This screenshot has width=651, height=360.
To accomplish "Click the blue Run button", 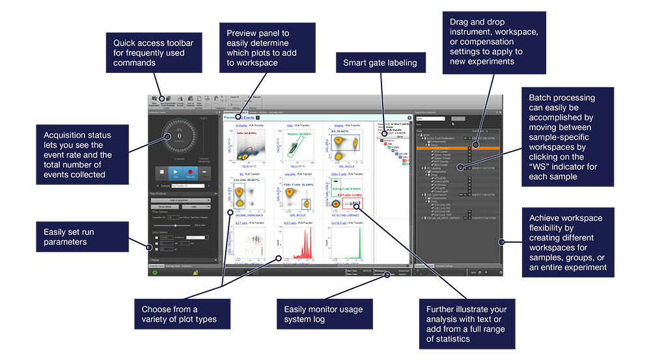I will click(174, 173).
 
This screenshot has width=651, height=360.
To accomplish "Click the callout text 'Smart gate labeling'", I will click(380, 63).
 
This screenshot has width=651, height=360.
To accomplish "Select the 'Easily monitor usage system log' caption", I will click(324, 314).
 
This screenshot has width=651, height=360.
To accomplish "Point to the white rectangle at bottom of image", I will click(184, 340).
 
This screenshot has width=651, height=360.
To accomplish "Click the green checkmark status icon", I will click(154, 273).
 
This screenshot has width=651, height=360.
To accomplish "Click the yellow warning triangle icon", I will click(195, 273).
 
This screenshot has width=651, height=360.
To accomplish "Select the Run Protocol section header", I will click(178, 193).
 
